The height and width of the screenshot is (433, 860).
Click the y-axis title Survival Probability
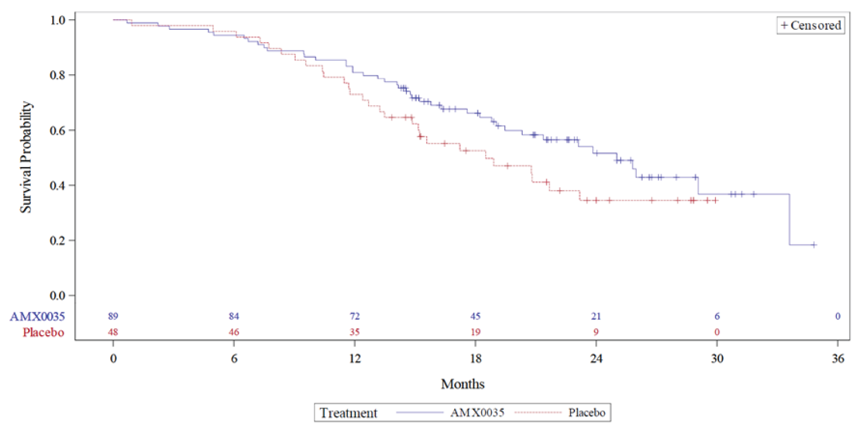26,157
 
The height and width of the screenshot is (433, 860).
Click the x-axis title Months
463,385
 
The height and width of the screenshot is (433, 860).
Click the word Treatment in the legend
348,413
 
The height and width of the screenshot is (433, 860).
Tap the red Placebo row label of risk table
43,332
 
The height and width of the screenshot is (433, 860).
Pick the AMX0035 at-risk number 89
113,316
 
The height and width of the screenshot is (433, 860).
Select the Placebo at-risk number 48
113,332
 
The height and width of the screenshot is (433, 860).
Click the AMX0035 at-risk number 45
476,316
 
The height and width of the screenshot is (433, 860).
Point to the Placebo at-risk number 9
596,332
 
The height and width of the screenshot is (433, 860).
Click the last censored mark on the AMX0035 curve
813,245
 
